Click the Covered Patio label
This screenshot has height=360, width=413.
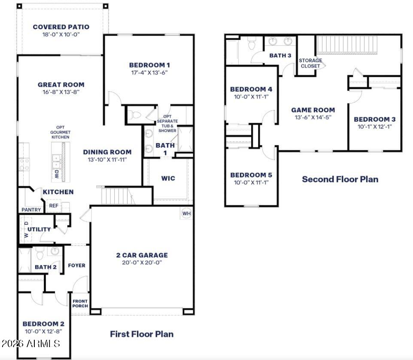pyautogui.click(x=61, y=27)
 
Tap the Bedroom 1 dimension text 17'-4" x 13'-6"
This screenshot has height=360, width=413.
pyautogui.click(x=149, y=73)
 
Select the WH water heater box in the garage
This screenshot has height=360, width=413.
pyautogui.click(x=186, y=213)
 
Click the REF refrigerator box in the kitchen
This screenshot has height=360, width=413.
pyautogui.click(x=53, y=206)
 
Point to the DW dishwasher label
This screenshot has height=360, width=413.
pyautogui.click(x=57, y=174)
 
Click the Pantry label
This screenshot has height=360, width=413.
pyautogui.click(x=31, y=210)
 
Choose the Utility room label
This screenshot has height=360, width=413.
pyautogui.click(x=39, y=229)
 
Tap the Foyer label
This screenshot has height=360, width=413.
pyautogui.click(x=76, y=265)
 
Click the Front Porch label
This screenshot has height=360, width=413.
pyautogui.click(x=80, y=303)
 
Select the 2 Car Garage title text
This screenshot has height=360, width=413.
pyautogui.click(x=142, y=255)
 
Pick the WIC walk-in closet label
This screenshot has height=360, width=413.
pyautogui.click(x=168, y=178)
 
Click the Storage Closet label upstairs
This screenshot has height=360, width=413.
pyautogui.click(x=310, y=63)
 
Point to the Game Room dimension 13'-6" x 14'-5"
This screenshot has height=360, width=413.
pyautogui.click(x=313, y=117)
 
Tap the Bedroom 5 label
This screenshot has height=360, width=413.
pyautogui.click(x=251, y=175)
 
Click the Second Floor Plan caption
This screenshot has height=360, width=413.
pyautogui.click(x=340, y=179)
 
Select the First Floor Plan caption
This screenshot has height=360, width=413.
pyautogui.click(x=142, y=334)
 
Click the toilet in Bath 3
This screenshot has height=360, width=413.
pyautogui.click(x=252, y=43)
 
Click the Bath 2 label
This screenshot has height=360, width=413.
pyautogui.click(x=46, y=267)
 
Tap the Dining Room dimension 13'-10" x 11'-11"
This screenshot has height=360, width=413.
pyautogui.click(x=107, y=159)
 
